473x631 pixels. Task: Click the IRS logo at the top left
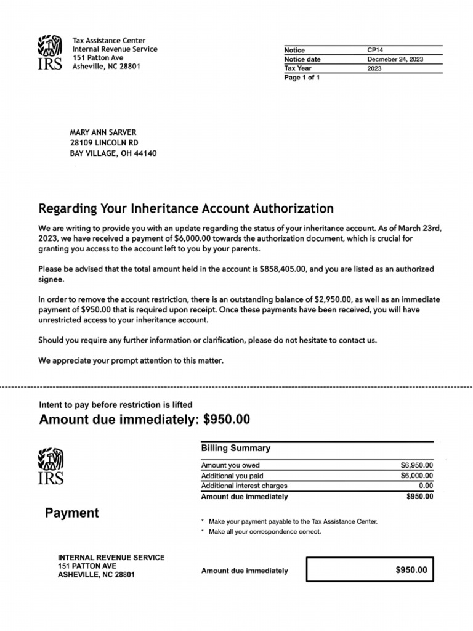click(50, 54)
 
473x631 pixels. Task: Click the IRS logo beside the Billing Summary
click(50, 466)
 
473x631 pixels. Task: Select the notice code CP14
click(375, 50)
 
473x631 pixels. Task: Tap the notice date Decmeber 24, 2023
click(395, 59)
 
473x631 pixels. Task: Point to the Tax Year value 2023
click(374, 68)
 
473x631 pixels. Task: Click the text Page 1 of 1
click(302, 78)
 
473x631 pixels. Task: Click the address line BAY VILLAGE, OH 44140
click(113, 153)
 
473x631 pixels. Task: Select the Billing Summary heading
click(235, 449)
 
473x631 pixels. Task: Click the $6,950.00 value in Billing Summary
click(416, 465)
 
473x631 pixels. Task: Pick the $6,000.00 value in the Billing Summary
click(416, 476)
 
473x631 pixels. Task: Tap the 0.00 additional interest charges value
click(425, 486)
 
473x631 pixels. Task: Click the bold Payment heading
click(71, 513)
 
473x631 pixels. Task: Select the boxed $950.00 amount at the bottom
click(411, 570)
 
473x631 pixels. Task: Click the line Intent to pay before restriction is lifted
click(116, 405)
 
